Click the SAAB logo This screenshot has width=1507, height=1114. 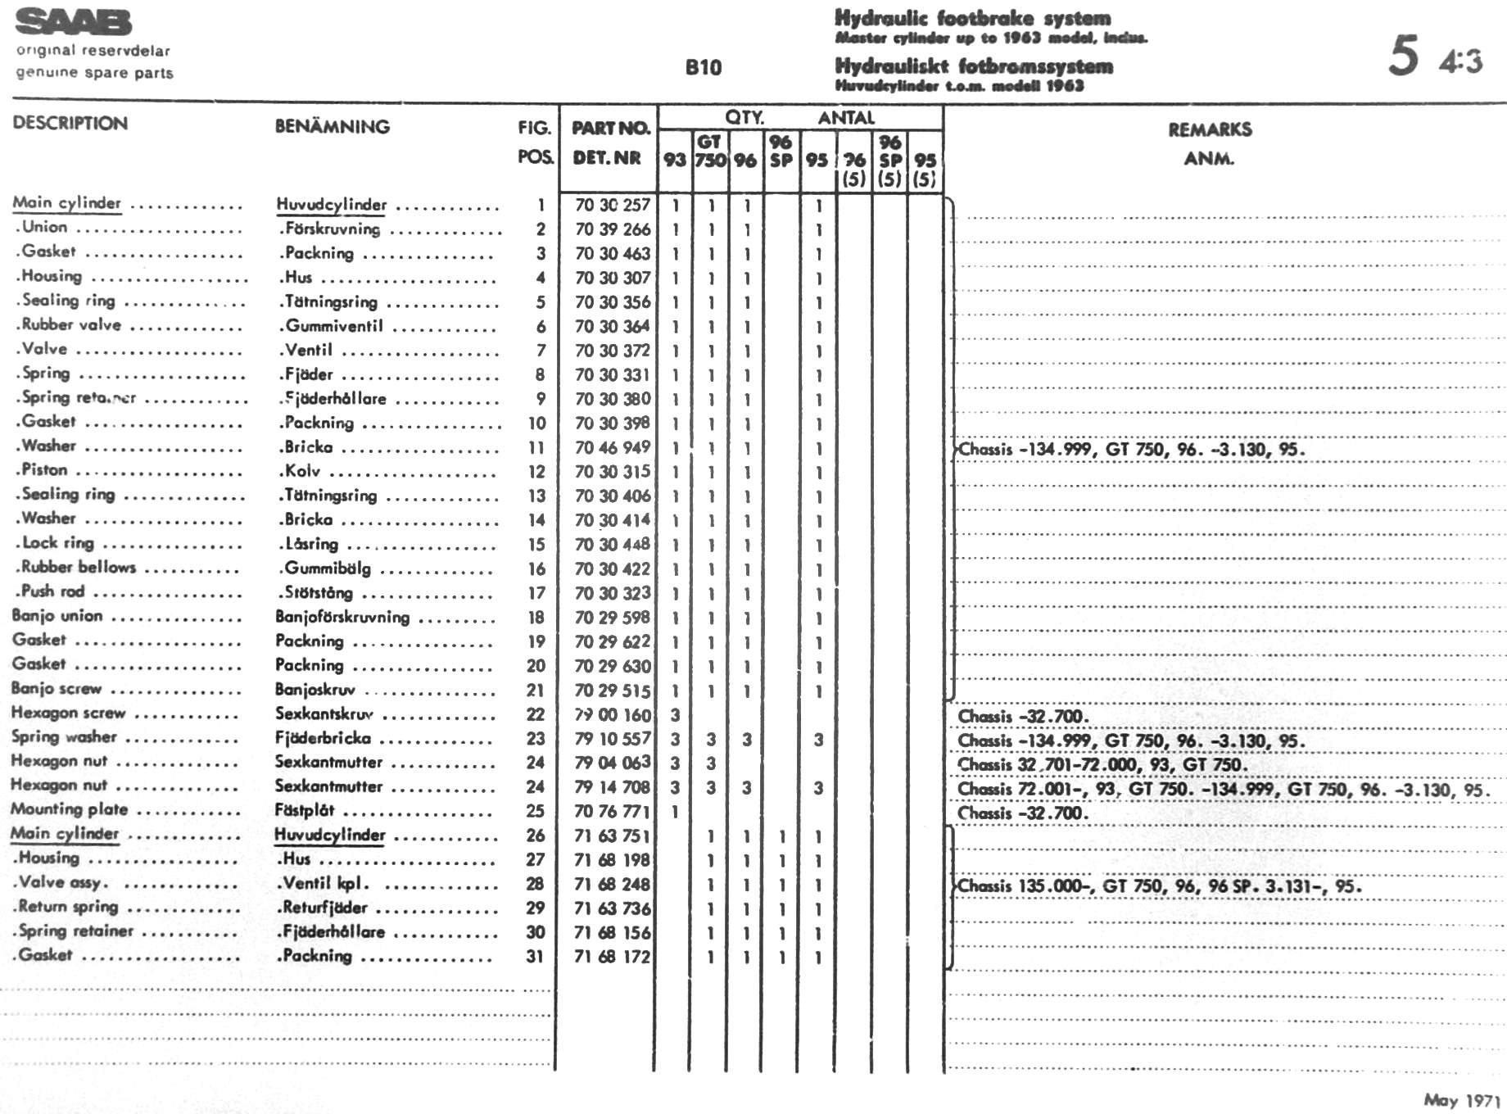click(74, 23)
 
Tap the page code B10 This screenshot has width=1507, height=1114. click(704, 67)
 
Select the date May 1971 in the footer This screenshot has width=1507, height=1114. click(1461, 1100)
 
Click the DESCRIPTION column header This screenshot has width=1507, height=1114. click(70, 124)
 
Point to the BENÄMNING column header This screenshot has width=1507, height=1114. click(333, 127)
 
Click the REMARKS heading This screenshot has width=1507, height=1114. click(1210, 129)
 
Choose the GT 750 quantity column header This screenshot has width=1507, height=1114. click(709, 151)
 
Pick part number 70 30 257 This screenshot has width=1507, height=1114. click(613, 205)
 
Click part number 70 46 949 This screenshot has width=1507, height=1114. click(613, 447)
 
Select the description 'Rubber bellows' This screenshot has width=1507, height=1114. click(78, 567)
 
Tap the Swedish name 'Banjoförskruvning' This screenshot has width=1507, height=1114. click(342, 617)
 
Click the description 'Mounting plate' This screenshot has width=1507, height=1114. click(70, 809)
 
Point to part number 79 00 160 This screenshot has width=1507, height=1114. click(613, 715)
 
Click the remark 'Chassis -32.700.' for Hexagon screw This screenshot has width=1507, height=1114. click(1023, 717)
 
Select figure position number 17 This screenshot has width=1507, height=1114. click(536, 593)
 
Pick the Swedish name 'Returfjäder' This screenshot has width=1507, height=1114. click(324, 908)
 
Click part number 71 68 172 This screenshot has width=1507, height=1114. click(613, 956)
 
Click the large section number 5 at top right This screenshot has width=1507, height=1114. click(1403, 56)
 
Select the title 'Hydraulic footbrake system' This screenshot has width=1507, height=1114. click(972, 18)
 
